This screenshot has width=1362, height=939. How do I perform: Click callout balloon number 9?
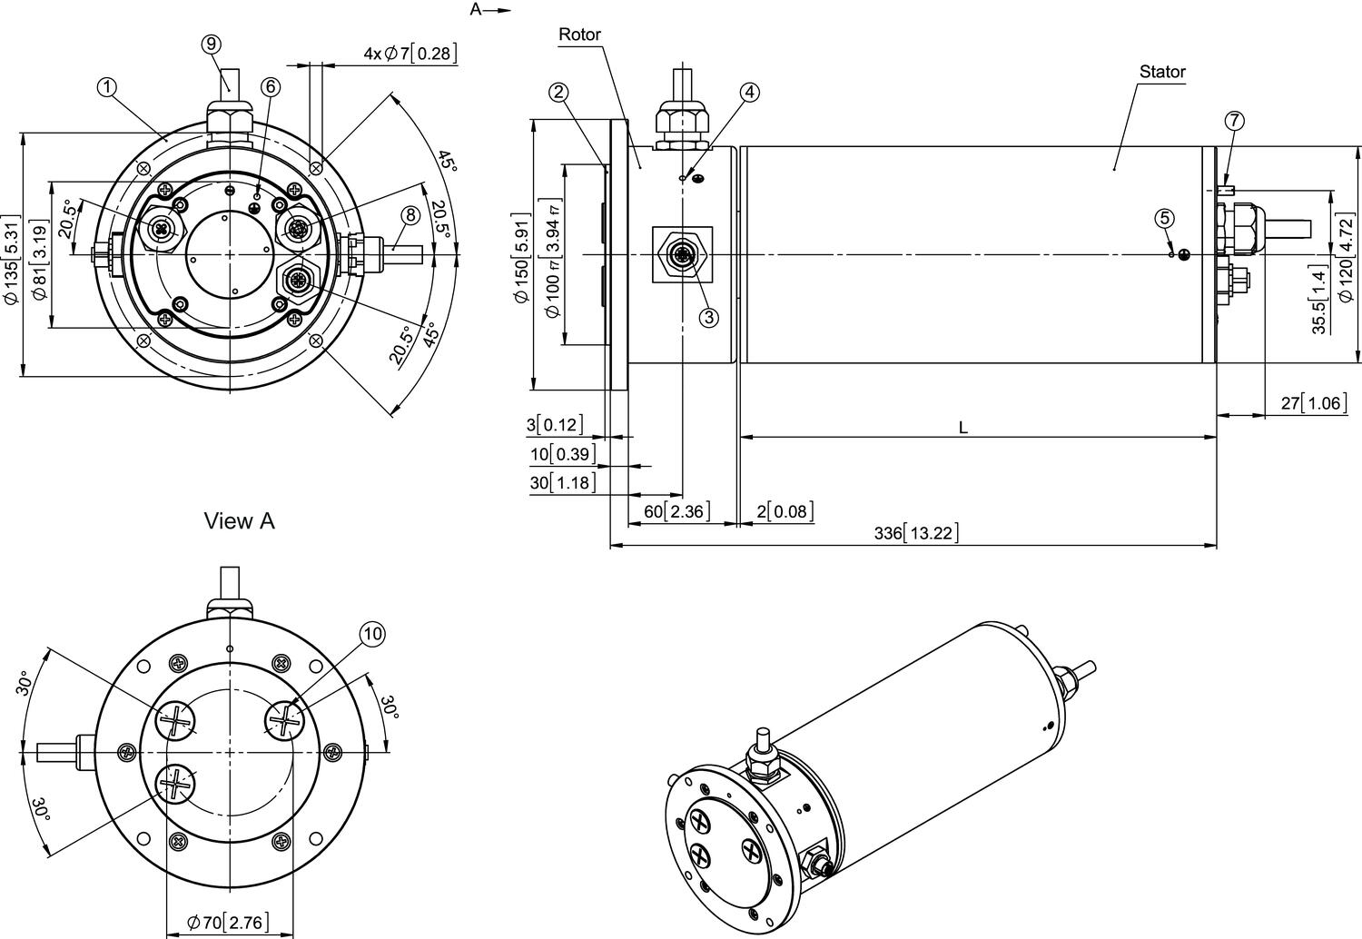[x=211, y=44]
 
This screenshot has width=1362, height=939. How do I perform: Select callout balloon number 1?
[x=107, y=87]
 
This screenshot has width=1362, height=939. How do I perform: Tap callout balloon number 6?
[x=271, y=86]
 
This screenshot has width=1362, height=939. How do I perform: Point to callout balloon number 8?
[x=410, y=214]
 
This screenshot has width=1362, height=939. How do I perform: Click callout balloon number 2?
[x=558, y=92]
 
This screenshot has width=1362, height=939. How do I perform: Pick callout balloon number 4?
[x=749, y=92]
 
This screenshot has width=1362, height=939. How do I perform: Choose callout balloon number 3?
[x=709, y=317]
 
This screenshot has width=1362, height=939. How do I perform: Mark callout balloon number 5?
[x=1166, y=218]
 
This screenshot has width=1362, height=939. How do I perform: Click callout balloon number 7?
[x=1233, y=121]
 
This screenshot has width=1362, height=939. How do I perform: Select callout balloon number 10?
[x=372, y=634]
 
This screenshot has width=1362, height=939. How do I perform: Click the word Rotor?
[x=579, y=35]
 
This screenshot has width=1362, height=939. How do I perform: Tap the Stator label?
[x=1162, y=72]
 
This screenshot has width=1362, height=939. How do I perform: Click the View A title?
[x=239, y=521]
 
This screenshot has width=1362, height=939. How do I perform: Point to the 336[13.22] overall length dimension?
[x=916, y=533]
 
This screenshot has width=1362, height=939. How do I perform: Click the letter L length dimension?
[x=963, y=427]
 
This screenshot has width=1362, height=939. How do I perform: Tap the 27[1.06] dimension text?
[x=1314, y=402]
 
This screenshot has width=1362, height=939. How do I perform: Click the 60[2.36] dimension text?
[x=676, y=511]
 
